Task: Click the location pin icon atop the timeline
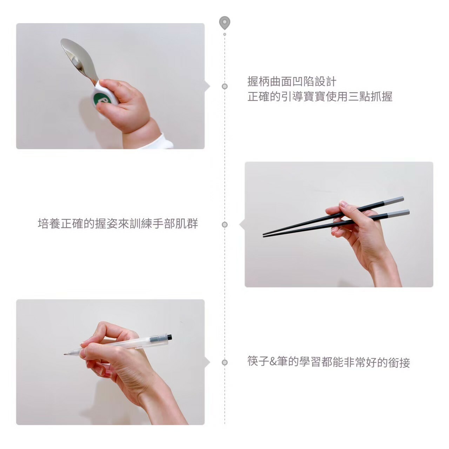click(224, 23)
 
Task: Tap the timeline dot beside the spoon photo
click(224, 86)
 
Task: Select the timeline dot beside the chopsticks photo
click(224, 224)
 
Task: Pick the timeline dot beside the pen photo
click(224, 363)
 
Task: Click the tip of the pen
click(65, 354)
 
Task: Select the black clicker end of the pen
click(170, 337)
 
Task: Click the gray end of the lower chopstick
click(398, 213)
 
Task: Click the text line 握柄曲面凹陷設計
click(292, 81)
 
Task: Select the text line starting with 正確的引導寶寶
click(320, 96)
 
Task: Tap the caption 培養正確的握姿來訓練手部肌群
click(118, 223)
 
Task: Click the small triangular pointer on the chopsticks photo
click(242, 224)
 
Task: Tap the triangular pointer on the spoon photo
click(207, 86)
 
